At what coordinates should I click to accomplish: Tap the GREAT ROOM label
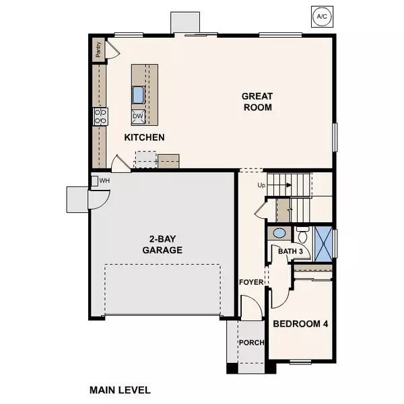coord(257,102)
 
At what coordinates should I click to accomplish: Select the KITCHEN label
coord(145,137)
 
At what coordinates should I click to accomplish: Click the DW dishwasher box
coord(138,116)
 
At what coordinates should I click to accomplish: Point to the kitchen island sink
coord(138,94)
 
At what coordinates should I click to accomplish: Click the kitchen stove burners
coord(100,116)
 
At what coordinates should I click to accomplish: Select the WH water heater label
coord(104,181)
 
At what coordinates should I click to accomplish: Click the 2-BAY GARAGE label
coord(162,244)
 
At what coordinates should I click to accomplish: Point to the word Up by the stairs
coord(262,184)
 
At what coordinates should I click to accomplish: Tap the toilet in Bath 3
coord(302,236)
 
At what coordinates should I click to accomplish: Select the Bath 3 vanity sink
coord(278,234)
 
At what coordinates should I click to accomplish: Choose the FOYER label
coord(251,282)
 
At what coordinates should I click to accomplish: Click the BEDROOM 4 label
coord(300,324)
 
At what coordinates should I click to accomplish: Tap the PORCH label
coord(251,342)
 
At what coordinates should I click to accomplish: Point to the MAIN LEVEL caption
coord(120,390)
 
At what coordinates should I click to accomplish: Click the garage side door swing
coord(99,200)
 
